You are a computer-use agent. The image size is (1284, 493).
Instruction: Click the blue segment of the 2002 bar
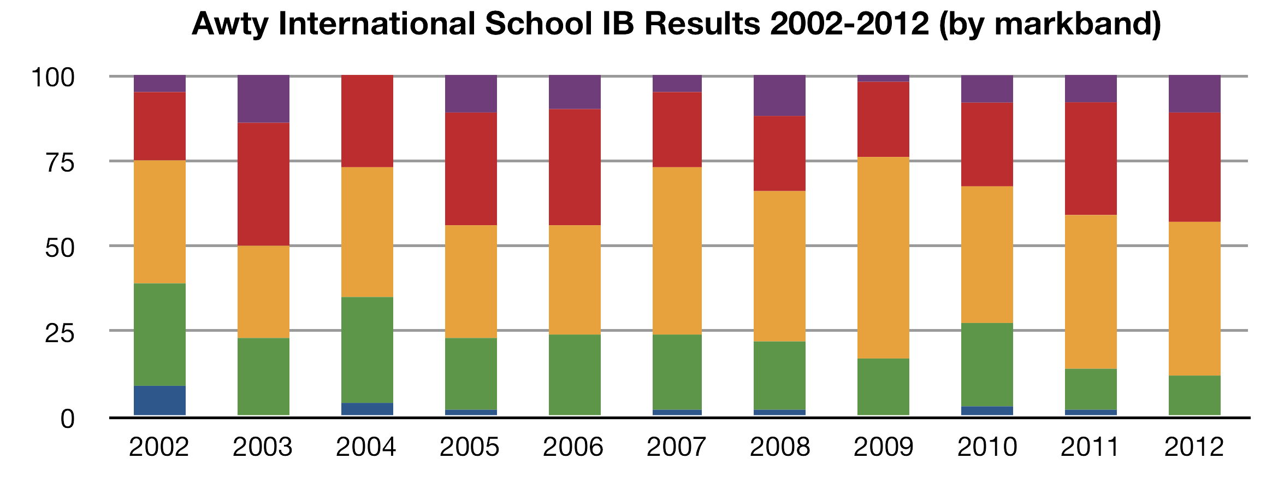click(x=159, y=400)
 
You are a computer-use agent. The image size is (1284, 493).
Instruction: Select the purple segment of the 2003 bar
click(x=263, y=99)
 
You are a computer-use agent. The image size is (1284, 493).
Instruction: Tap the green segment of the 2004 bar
click(x=367, y=350)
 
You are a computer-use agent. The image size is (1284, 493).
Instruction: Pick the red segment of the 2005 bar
click(x=471, y=168)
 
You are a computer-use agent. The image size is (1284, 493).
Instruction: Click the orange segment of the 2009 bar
click(x=883, y=257)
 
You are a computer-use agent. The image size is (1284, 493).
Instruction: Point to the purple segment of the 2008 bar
click(x=779, y=96)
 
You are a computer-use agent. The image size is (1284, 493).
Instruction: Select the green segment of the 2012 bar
click(x=1194, y=395)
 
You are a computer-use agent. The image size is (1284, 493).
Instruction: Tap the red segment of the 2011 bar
click(x=1091, y=159)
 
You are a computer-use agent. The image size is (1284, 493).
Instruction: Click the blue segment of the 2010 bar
click(x=987, y=410)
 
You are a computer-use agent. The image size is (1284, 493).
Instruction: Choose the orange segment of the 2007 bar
click(x=677, y=250)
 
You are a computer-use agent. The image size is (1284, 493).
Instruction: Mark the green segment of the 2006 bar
click(x=575, y=374)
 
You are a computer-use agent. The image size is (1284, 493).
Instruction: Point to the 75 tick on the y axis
click(x=60, y=162)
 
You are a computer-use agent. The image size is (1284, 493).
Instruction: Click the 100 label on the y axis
click(x=53, y=78)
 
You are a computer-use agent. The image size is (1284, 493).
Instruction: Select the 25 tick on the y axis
click(x=60, y=332)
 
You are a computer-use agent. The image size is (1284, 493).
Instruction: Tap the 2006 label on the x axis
click(x=573, y=447)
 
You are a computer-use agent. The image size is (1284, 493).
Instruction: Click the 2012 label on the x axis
click(x=1194, y=447)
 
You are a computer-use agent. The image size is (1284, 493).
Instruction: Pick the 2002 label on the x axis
click(x=159, y=447)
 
